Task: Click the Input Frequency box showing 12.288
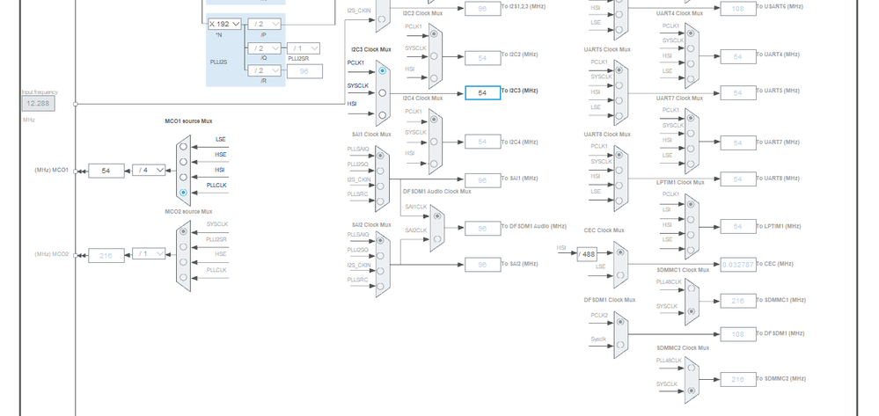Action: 38,104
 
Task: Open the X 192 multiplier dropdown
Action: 224,25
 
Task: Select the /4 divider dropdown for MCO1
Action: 148,171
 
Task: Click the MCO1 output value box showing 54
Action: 106,171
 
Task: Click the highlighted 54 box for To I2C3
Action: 482,92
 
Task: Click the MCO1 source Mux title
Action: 188,121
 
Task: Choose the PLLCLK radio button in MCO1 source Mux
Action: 183,192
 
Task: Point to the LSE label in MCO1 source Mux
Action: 220,139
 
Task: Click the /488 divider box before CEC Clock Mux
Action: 587,254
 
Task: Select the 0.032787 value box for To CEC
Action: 737,264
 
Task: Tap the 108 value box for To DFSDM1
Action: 737,334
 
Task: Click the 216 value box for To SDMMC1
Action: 737,301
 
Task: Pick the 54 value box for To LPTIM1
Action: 737,227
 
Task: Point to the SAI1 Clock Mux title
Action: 370,135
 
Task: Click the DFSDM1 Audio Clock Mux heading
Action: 436,191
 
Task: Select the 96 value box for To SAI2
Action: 482,265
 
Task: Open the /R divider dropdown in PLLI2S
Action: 264,70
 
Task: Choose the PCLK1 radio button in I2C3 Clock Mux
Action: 382,70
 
